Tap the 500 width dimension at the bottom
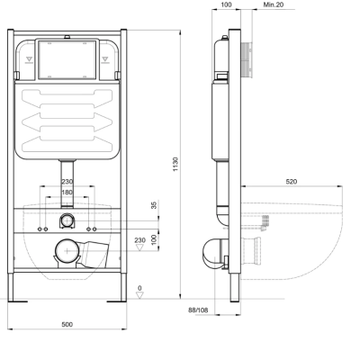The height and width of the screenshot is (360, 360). pyautogui.click(x=68, y=323)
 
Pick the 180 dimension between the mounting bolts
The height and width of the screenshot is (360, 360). pyautogui.click(x=68, y=192)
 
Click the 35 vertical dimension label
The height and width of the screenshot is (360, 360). pyautogui.click(x=152, y=205)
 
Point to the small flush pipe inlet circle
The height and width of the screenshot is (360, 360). pyautogui.click(x=68, y=220)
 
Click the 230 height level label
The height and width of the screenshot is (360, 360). pyautogui.click(x=139, y=239)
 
